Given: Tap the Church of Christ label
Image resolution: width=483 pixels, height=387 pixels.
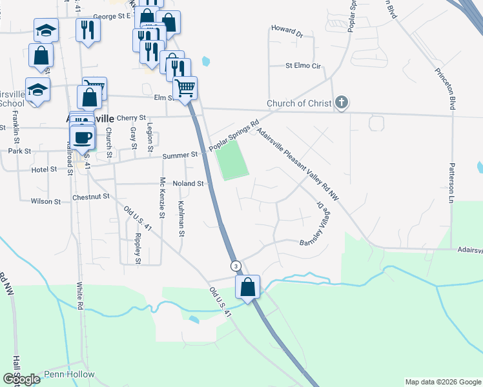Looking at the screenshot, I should pyautogui.click(x=298, y=104).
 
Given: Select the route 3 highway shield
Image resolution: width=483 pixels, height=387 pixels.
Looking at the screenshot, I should pyautogui.click(x=236, y=266).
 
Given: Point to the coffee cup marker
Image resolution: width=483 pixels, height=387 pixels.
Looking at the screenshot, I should pyautogui.click(x=83, y=137).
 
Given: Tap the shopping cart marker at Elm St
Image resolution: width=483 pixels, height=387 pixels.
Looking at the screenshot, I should pyautogui.click(x=185, y=88).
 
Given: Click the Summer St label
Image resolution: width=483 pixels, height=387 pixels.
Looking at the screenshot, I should pyautogui.click(x=180, y=155).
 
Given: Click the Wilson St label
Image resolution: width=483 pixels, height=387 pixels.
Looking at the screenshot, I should pyautogui.click(x=45, y=201).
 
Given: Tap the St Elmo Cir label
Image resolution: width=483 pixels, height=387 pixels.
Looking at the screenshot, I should pyautogui.click(x=303, y=66).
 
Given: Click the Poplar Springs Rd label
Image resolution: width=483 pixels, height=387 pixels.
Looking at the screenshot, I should pyautogui.click(x=234, y=136).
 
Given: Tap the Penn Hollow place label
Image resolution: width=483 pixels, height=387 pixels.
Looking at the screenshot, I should pyautogui.click(x=69, y=375).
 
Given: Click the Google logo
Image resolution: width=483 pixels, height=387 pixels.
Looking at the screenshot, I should pyautogui.click(x=21, y=379).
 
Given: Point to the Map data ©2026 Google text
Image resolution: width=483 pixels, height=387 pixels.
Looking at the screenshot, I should pyautogui.click(x=442, y=382).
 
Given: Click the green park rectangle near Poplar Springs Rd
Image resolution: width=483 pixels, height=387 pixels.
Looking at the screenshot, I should pyautogui.click(x=232, y=161).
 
